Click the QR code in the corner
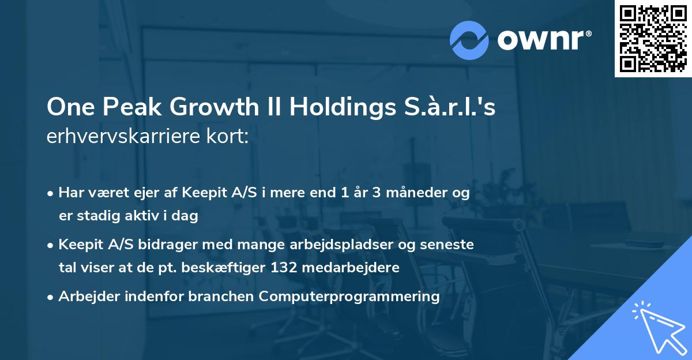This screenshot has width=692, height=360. tap(653, 38)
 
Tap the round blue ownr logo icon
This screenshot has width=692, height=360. tap(469, 40)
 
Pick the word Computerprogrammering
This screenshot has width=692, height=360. tap(349, 297)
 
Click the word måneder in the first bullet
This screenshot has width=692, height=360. tap(418, 193)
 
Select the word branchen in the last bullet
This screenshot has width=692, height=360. tap(221, 297)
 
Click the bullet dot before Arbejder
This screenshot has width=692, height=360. tap(51, 297)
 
